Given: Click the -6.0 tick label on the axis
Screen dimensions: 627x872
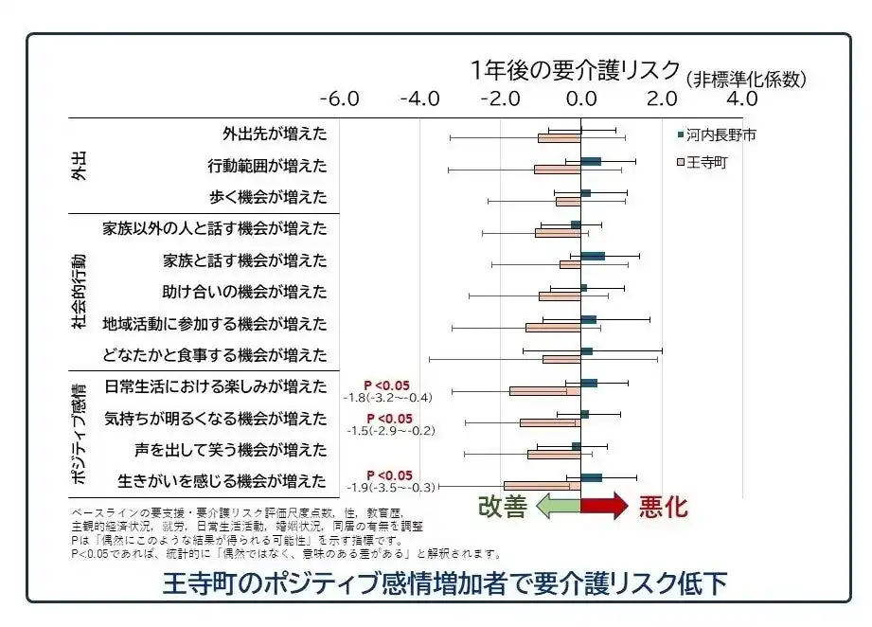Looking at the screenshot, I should click(339, 99).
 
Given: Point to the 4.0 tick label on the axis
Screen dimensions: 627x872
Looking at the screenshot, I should click(741, 99).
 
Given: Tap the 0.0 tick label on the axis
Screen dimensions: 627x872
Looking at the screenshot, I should click(580, 99).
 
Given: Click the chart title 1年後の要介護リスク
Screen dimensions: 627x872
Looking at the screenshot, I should click(576, 71).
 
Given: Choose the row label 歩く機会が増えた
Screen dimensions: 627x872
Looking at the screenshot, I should click(268, 197).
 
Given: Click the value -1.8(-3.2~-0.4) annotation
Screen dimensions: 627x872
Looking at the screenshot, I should click(387, 398).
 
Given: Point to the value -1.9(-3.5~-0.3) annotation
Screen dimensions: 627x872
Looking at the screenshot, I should click(388, 488).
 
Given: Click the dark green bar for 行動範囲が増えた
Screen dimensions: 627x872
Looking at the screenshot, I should click(591, 162).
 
